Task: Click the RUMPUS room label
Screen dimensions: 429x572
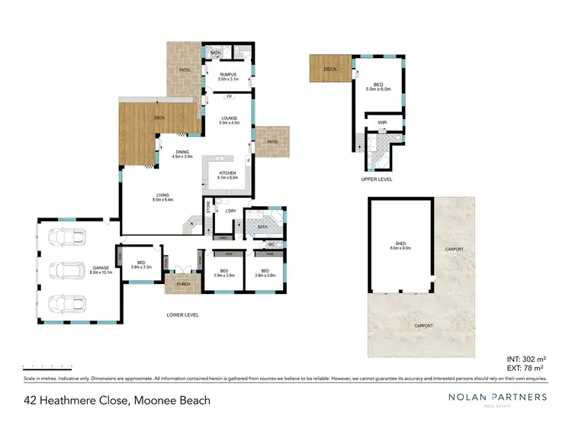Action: (x=229, y=76)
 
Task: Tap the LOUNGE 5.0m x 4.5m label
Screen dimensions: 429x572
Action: (x=229, y=120)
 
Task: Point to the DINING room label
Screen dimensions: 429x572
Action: (x=182, y=153)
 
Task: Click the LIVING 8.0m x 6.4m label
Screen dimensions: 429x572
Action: (x=163, y=198)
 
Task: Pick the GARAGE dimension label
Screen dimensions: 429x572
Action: (x=101, y=269)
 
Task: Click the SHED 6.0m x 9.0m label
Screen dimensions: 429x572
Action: (x=400, y=246)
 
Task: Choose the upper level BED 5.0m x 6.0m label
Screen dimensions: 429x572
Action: (x=378, y=87)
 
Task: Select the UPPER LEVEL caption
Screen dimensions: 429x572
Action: (x=377, y=179)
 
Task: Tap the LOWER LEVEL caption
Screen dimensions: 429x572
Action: (x=183, y=314)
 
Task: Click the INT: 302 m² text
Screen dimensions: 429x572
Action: (x=526, y=359)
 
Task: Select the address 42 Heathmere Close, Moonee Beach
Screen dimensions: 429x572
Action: (x=117, y=400)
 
